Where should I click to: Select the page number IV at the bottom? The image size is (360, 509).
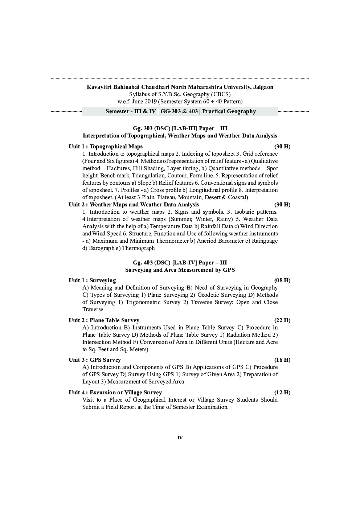[180, 438]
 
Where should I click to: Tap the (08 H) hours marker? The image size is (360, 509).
[282, 280]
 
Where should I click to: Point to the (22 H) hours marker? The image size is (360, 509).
[282, 320]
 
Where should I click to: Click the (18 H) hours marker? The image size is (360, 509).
[282, 360]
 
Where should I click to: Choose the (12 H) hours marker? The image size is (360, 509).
[282, 393]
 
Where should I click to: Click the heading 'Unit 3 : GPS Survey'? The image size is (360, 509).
[95, 360]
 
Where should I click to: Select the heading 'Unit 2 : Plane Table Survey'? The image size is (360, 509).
[104, 320]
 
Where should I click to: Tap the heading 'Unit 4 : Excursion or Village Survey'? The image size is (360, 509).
[115, 393]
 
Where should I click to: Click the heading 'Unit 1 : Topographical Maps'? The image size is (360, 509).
[106, 147]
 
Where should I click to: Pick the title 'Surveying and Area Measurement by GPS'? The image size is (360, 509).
[180, 270]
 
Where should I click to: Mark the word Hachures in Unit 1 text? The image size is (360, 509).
[118, 168]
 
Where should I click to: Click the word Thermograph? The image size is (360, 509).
[138, 248]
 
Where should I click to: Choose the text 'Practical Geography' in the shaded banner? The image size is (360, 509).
[229, 111]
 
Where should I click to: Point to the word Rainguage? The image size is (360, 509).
[265, 241]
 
